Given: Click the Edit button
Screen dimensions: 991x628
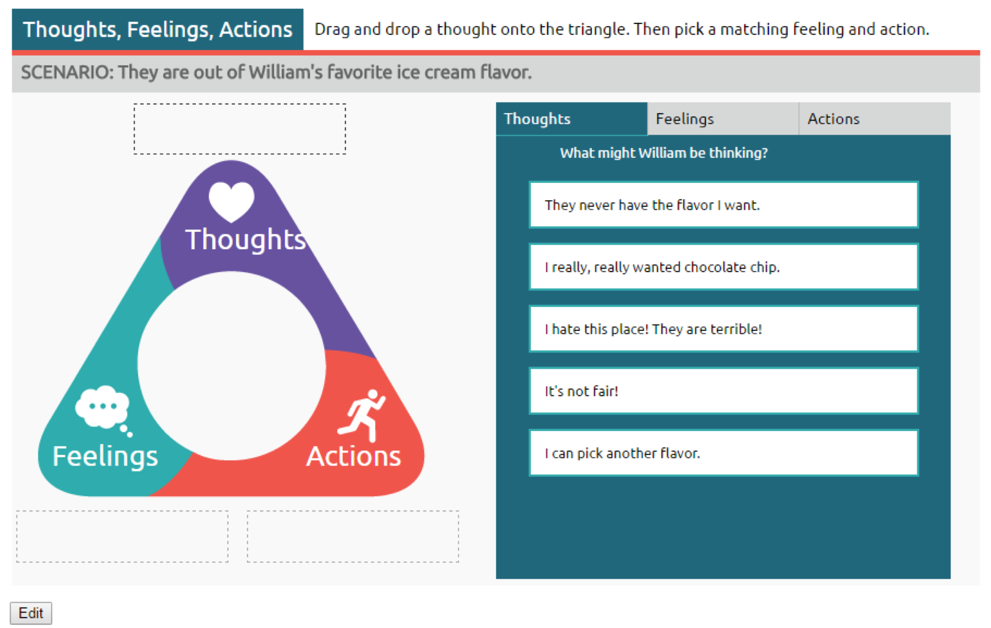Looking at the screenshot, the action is coord(31,613).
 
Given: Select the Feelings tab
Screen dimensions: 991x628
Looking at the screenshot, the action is coord(723,119).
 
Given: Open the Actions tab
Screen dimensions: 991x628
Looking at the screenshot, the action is coord(875,119).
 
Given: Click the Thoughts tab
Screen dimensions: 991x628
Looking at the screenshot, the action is coord(572,119).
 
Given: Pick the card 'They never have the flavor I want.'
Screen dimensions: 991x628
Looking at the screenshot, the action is coord(724,205).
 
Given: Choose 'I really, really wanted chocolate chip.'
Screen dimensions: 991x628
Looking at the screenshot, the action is coord(724,267).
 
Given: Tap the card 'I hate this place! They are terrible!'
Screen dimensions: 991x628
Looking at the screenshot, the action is coord(724,329).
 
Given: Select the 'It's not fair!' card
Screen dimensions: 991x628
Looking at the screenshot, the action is coord(724,391).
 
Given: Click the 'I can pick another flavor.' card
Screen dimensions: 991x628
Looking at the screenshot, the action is coord(724,453).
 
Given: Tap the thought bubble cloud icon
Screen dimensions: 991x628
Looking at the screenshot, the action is coord(103,409).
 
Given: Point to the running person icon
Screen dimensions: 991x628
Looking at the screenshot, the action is coord(361,416).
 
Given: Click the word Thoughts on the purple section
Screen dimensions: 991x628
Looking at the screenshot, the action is coord(246,239).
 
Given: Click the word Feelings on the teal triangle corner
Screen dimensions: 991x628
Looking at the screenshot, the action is coord(105,457).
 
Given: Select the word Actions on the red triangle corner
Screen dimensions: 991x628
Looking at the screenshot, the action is coord(354,456).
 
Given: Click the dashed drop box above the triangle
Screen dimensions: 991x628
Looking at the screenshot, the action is coord(239,129).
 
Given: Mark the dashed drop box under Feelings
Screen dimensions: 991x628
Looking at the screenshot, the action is coord(122,536).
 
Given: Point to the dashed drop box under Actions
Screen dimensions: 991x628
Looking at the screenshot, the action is coord(353,536).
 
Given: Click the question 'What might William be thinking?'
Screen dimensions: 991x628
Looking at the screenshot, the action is coord(664,153).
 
